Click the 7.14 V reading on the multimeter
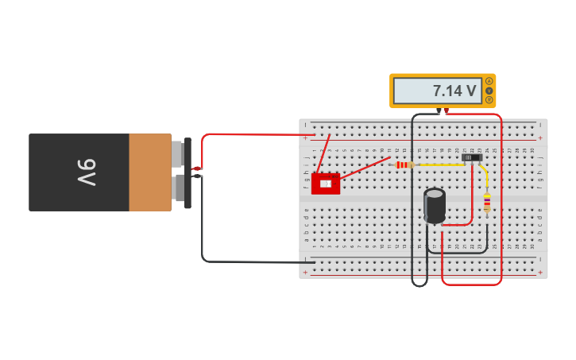tap(454, 91)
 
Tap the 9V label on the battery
tap(87, 172)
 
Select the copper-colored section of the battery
tap(149, 172)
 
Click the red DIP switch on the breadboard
tap(326, 184)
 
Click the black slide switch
tap(473, 158)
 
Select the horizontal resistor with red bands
tap(403, 165)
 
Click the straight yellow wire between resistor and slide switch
tap(439, 165)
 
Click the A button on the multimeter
tap(489, 82)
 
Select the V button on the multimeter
tap(489, 91)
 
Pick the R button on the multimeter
tap(489, 100)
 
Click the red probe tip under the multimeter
tap(446, 110)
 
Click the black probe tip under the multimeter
tap(439, 110)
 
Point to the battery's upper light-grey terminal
tap(177, 154)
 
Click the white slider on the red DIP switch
tap(325, 184)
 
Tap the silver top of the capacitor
tap(435, 193)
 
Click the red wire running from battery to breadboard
tap(254, 134)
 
